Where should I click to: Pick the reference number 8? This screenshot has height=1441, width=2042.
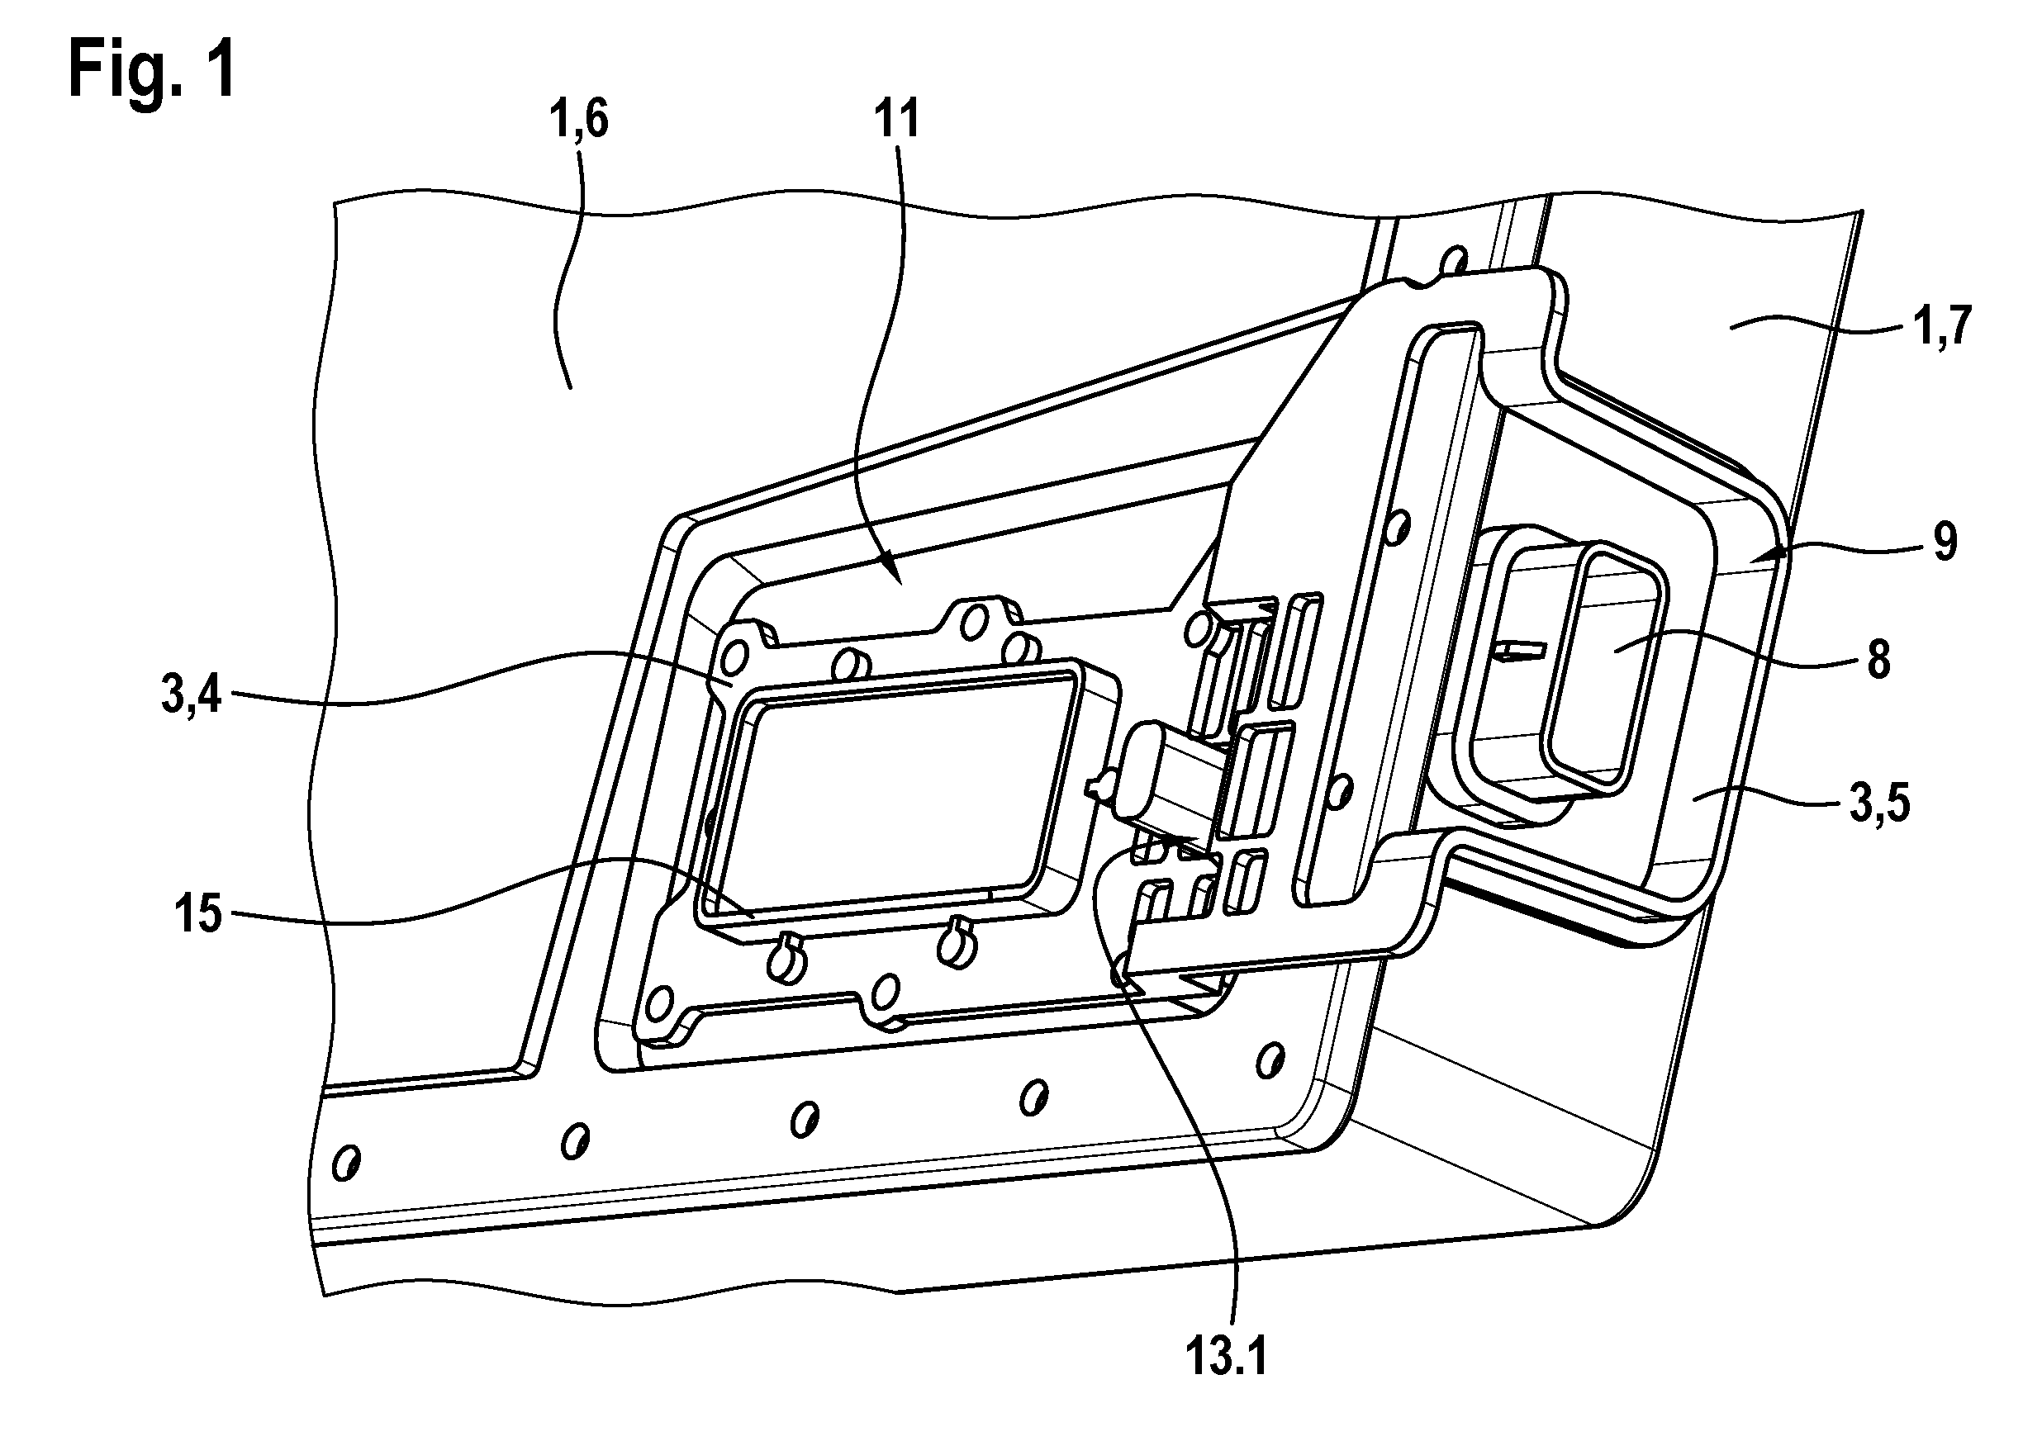[x=1878, y=660]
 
